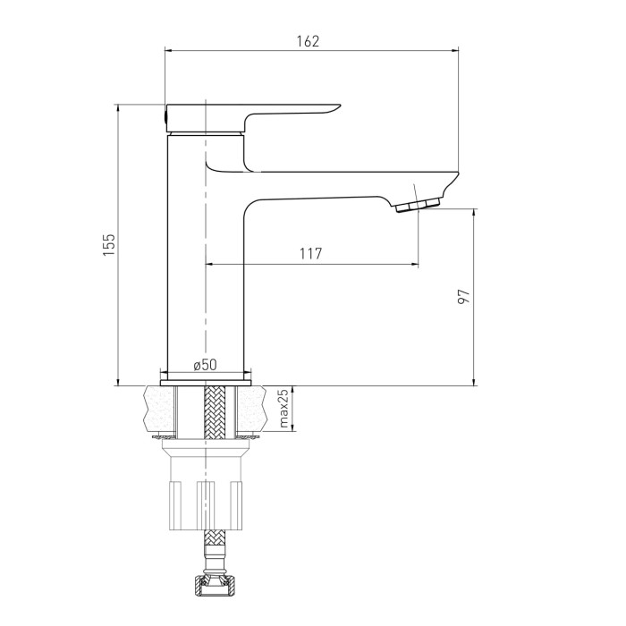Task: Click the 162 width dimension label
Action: click(308, 41)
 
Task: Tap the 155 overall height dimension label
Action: click(109, 245)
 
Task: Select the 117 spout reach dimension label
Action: click(310, 253)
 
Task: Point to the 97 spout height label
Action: click(464, 297)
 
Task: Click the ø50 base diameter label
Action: click(205, 365)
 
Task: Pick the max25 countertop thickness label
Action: click(283, 408)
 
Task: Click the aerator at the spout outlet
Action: click(418, 205)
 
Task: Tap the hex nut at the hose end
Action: click(216, 585)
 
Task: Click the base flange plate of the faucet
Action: click(206, 383)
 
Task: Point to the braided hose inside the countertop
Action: click(215, 412)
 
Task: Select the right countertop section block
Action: click(251, 409)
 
